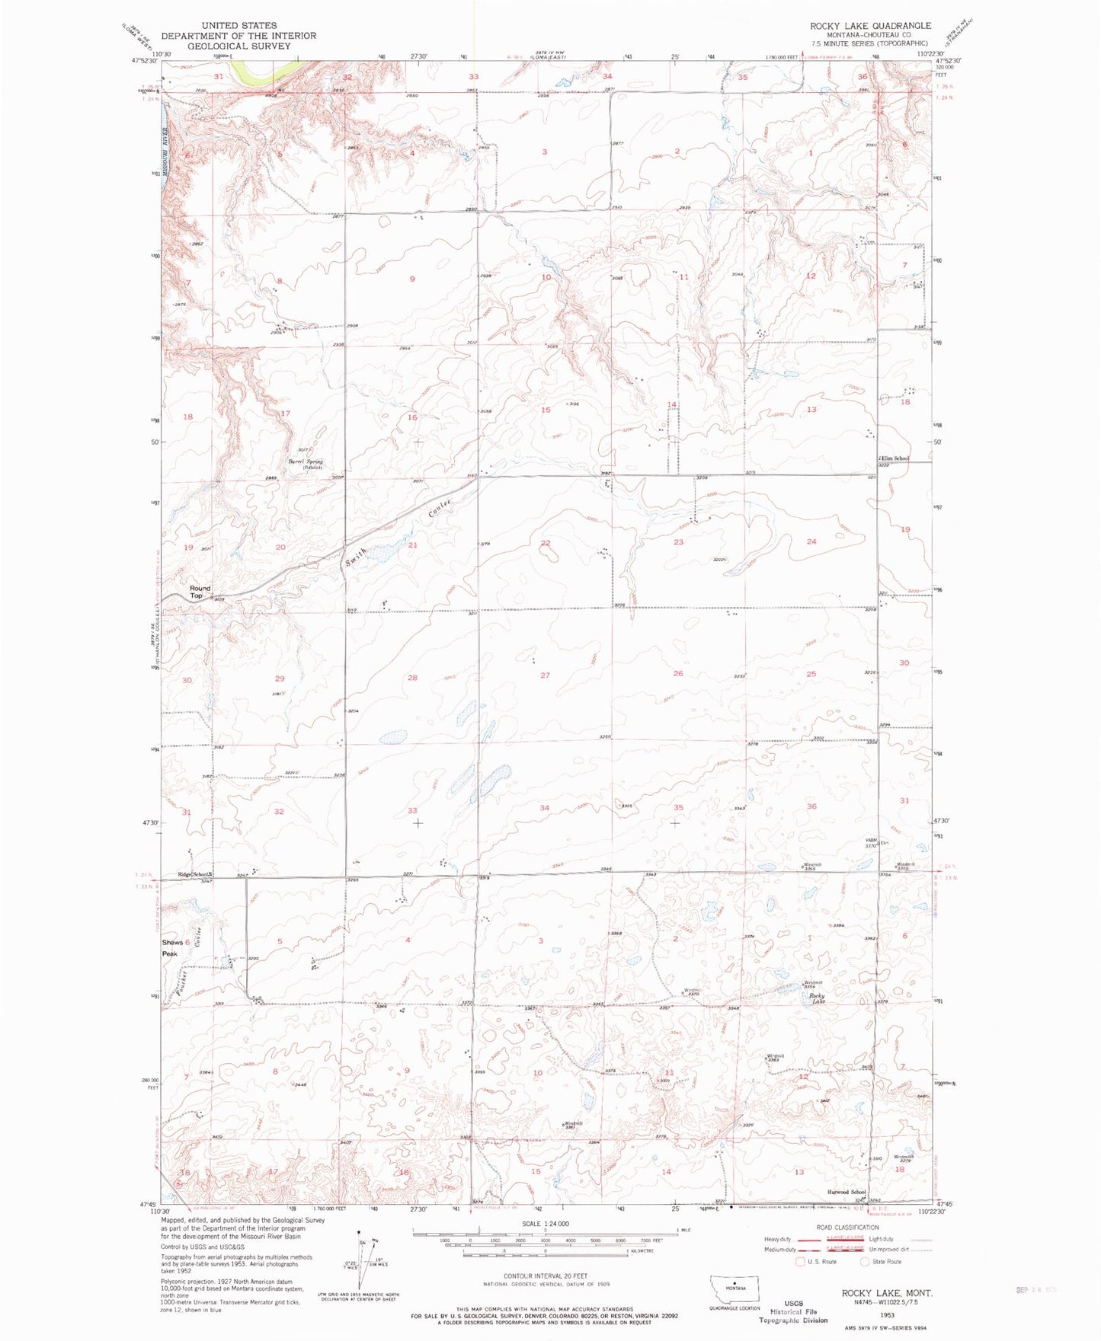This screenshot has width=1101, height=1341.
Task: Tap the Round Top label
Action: [x=200, y=592]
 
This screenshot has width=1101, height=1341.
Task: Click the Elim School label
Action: [x=895, y=458]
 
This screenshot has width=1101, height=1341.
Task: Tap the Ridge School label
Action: [x=194, y=874]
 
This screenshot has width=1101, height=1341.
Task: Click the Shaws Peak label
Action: [x=172, y=947]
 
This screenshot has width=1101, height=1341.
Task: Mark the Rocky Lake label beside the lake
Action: [x=817, y=998]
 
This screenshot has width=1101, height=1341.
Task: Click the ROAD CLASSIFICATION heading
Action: [x=847, y=1227]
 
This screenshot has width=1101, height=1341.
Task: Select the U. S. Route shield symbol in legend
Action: [x=800, y=1261]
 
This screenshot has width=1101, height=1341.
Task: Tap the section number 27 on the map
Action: [x=545, y=675]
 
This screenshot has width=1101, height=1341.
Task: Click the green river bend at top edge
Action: [x=259, y=71]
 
